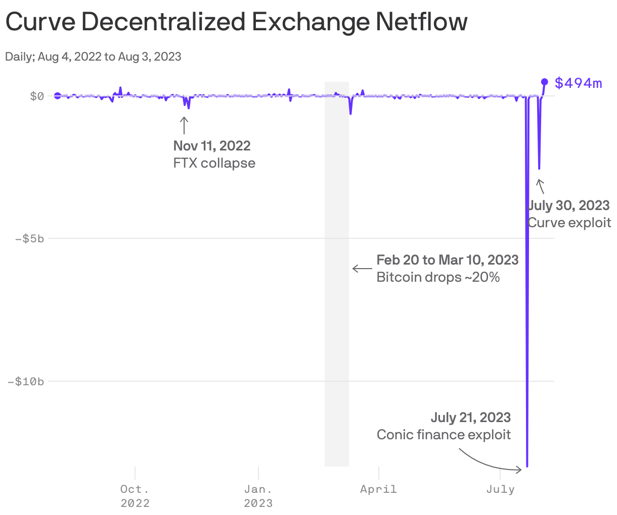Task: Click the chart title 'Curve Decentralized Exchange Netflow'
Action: click(x=236, y=22)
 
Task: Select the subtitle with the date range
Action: click(x=93, y=57)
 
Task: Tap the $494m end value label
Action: click(x=578, y=83)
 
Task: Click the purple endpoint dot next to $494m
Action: click(x=545, y=81)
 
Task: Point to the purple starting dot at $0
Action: click(x=58, y=96)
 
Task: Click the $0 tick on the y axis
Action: click(x=37, y=96)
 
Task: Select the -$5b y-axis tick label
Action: click(x=29, y=238)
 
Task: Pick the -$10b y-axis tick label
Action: click(x=26, y=381)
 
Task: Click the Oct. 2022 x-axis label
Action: click(x=135, y=496)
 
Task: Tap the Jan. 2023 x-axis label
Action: click(x=258, y=496)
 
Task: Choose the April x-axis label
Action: click(x=378, y=489)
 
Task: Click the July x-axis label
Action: click(x=500, y=489)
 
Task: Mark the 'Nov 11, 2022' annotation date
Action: click(x=212, y=146)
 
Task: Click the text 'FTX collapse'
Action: click(x=214, y=163)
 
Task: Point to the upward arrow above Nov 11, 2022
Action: click(x=184, y=125)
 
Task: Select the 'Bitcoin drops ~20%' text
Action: click(x=438, y=277)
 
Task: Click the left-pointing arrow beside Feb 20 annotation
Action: click(x=362, y=269)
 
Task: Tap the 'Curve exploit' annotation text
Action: click(x=569, y=223)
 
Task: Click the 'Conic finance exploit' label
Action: click(x=444, y=435)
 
